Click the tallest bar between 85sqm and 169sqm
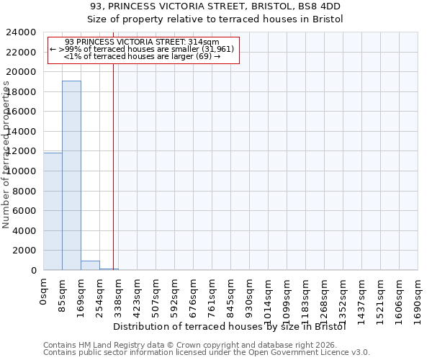click(71, 175)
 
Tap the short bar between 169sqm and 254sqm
click(90, 265)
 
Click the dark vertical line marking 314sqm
click(113, 166)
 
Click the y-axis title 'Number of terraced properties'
click(6, 155)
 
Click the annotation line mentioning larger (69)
click(142, 55)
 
